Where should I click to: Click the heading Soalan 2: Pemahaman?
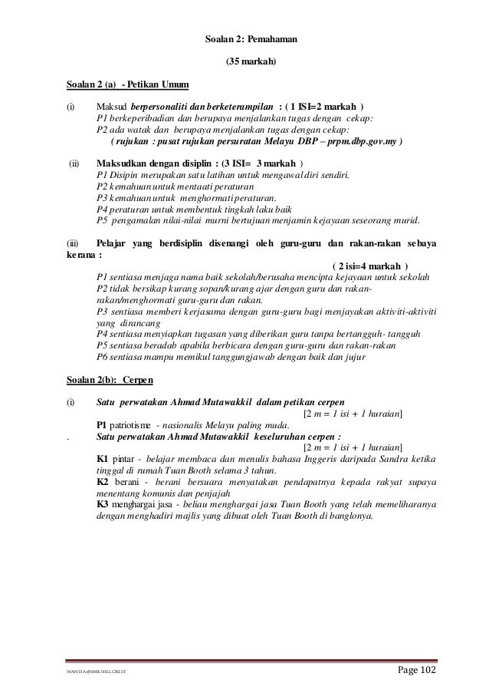(x=244, y=36)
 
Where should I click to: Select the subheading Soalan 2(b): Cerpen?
(x=110, y=380)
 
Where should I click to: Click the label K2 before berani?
(x=102, y=481)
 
